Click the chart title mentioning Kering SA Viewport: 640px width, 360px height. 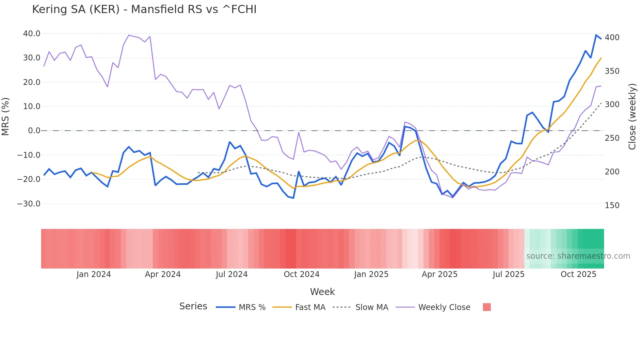click(144, 9)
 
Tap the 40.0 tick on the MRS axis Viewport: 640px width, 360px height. click(32, 34)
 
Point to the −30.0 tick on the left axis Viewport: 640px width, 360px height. click(29, 204)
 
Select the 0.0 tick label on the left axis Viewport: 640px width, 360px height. click(34, 131)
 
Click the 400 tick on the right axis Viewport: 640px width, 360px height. click(612, 38)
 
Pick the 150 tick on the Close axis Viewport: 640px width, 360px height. click(612, 205)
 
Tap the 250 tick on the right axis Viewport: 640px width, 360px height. click(612, 138)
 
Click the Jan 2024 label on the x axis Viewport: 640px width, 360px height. click(94, 274)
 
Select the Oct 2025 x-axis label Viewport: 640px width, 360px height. click(578, 274)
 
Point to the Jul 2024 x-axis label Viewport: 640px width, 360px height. click(232, 274)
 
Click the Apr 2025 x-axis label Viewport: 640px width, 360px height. click(440, 274)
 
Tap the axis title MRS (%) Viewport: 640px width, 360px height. click(6, 117)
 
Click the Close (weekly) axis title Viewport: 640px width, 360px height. click(632, 117)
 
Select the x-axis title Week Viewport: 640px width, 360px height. click(322, 292)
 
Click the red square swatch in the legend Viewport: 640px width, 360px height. click(487, 307)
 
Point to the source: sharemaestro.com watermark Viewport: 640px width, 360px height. click(578, 256)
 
